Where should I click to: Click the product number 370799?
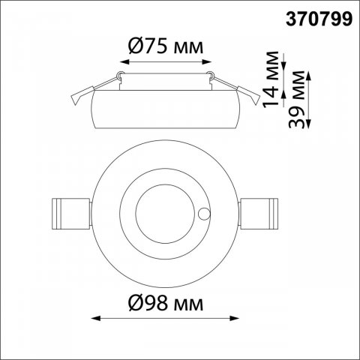click(319, 19)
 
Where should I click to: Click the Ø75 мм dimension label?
click(166, 46)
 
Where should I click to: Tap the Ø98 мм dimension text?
click(166, 304)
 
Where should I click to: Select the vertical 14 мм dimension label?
click(271, 79)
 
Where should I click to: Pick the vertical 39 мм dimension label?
click(297, 100)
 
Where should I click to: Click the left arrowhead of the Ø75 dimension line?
click(124, 61)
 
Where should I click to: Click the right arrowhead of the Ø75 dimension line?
click(207, 61)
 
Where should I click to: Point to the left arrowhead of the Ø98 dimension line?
click(96, 318)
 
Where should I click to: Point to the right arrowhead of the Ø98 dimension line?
click(235, 318)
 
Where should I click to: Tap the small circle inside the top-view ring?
click(204, 214)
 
